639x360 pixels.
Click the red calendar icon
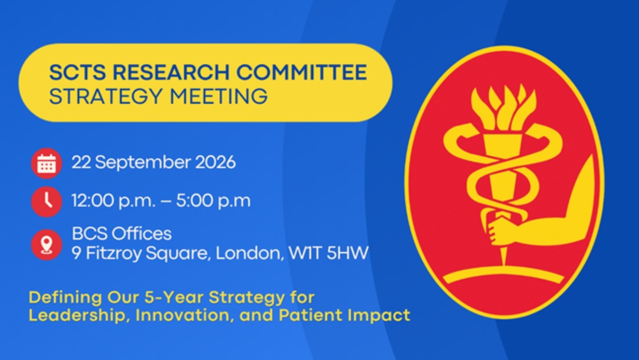(47, 163)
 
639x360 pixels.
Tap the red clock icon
(47, 202)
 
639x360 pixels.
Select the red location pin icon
(47, 245)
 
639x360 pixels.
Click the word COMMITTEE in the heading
(302, 72)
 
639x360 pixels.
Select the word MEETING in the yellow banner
(219, 96)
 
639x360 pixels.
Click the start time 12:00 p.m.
(113, 201)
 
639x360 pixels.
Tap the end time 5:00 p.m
(213, 201)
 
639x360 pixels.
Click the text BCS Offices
(122, 234)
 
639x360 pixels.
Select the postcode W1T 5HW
(328, 253)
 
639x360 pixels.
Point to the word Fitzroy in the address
(113, 254)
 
